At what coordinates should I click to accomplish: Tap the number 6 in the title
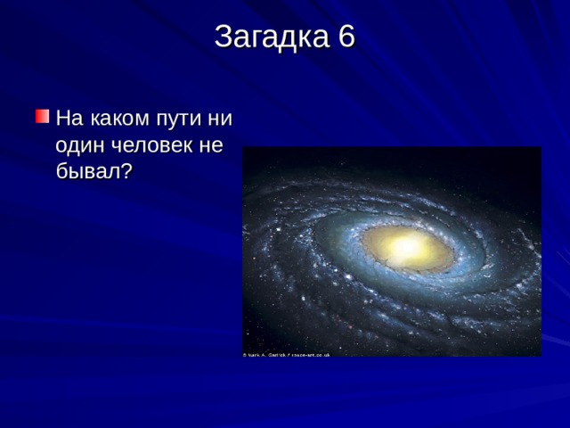pyautogui.click(x=346, y=37)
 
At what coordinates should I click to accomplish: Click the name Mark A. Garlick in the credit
pyautogui.click(x=266, y=354)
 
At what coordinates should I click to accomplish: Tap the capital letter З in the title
pyautogui.click(x=223, y=37)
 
